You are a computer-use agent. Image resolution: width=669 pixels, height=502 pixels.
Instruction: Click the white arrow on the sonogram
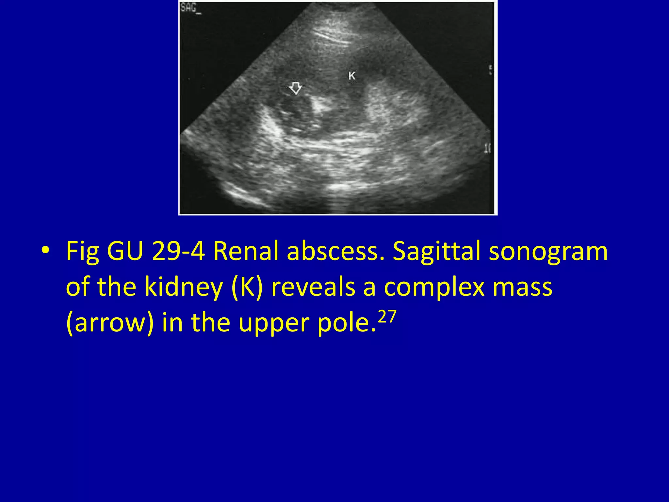tap(296, 88)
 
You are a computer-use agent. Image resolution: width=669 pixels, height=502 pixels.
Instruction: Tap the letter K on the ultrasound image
tap(352, 76)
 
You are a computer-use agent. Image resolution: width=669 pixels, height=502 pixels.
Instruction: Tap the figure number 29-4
tap(178, 251)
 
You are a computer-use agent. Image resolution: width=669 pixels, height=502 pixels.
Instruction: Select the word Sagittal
tap(436, 251)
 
